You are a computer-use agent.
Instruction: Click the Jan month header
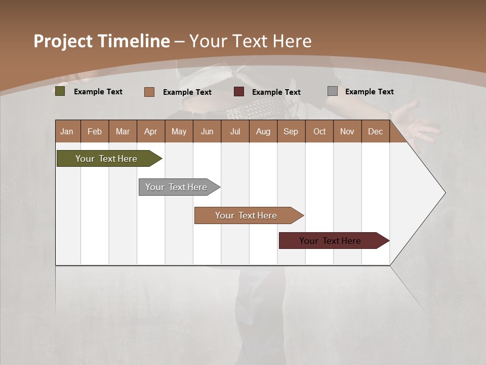pos(67,131)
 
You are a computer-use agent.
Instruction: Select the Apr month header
pos(151,131)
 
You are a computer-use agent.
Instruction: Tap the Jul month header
pos(235,131)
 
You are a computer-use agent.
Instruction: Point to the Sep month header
pos(291,131)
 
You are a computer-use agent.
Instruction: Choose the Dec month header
pos(375,131)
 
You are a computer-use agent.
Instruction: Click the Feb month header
pos(95,131)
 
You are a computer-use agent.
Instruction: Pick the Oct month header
pos(319,131)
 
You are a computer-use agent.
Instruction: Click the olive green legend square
pos(60,91)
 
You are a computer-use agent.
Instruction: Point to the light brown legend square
pos(149,92)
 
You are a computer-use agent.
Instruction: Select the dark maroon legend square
pos(239,92)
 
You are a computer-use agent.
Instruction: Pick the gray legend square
pos(333,91)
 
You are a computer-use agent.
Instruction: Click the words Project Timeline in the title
pos(102,41)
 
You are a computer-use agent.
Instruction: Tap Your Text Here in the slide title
pos(250,41)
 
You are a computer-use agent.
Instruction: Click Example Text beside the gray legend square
pos(369,92)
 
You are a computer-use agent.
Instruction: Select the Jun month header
pos(207,131)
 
